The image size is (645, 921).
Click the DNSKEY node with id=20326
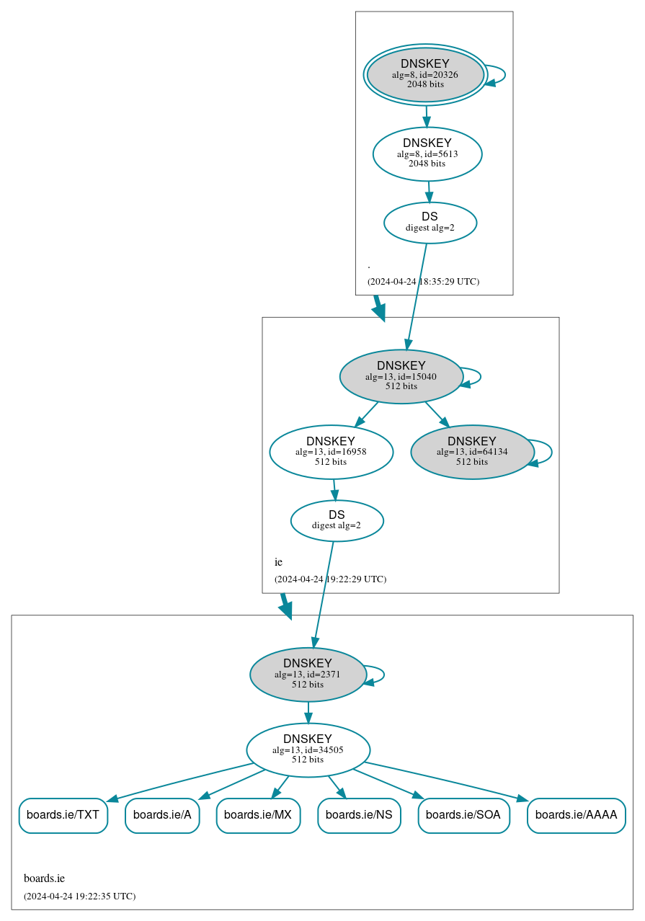[425, 74]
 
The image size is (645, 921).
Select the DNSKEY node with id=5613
[427, 153]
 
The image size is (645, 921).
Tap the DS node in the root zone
[430, 223]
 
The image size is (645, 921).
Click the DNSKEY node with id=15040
[401, 376]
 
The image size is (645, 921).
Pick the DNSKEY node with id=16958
[331, 452]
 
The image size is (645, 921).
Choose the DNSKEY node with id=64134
[472, 452]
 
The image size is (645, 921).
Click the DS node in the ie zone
[337, 520]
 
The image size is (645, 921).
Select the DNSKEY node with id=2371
[308, 675]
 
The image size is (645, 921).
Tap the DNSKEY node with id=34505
[308, 750]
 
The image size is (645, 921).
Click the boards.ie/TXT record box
[63, 815]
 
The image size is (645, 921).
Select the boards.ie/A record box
[162, 815]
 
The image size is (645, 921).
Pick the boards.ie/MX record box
[258, 815]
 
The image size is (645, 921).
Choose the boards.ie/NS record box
[359, 815]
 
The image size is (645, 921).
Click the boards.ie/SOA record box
[463, 815]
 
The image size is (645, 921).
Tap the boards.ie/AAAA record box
[577, 815]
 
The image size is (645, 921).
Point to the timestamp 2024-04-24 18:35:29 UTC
[423, 282]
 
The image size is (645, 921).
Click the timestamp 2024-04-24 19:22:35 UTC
[79, 896]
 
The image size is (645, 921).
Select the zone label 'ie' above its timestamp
[278, 562]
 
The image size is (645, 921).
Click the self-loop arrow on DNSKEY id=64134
[551, 452]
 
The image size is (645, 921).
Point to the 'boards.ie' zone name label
[44, 878]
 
